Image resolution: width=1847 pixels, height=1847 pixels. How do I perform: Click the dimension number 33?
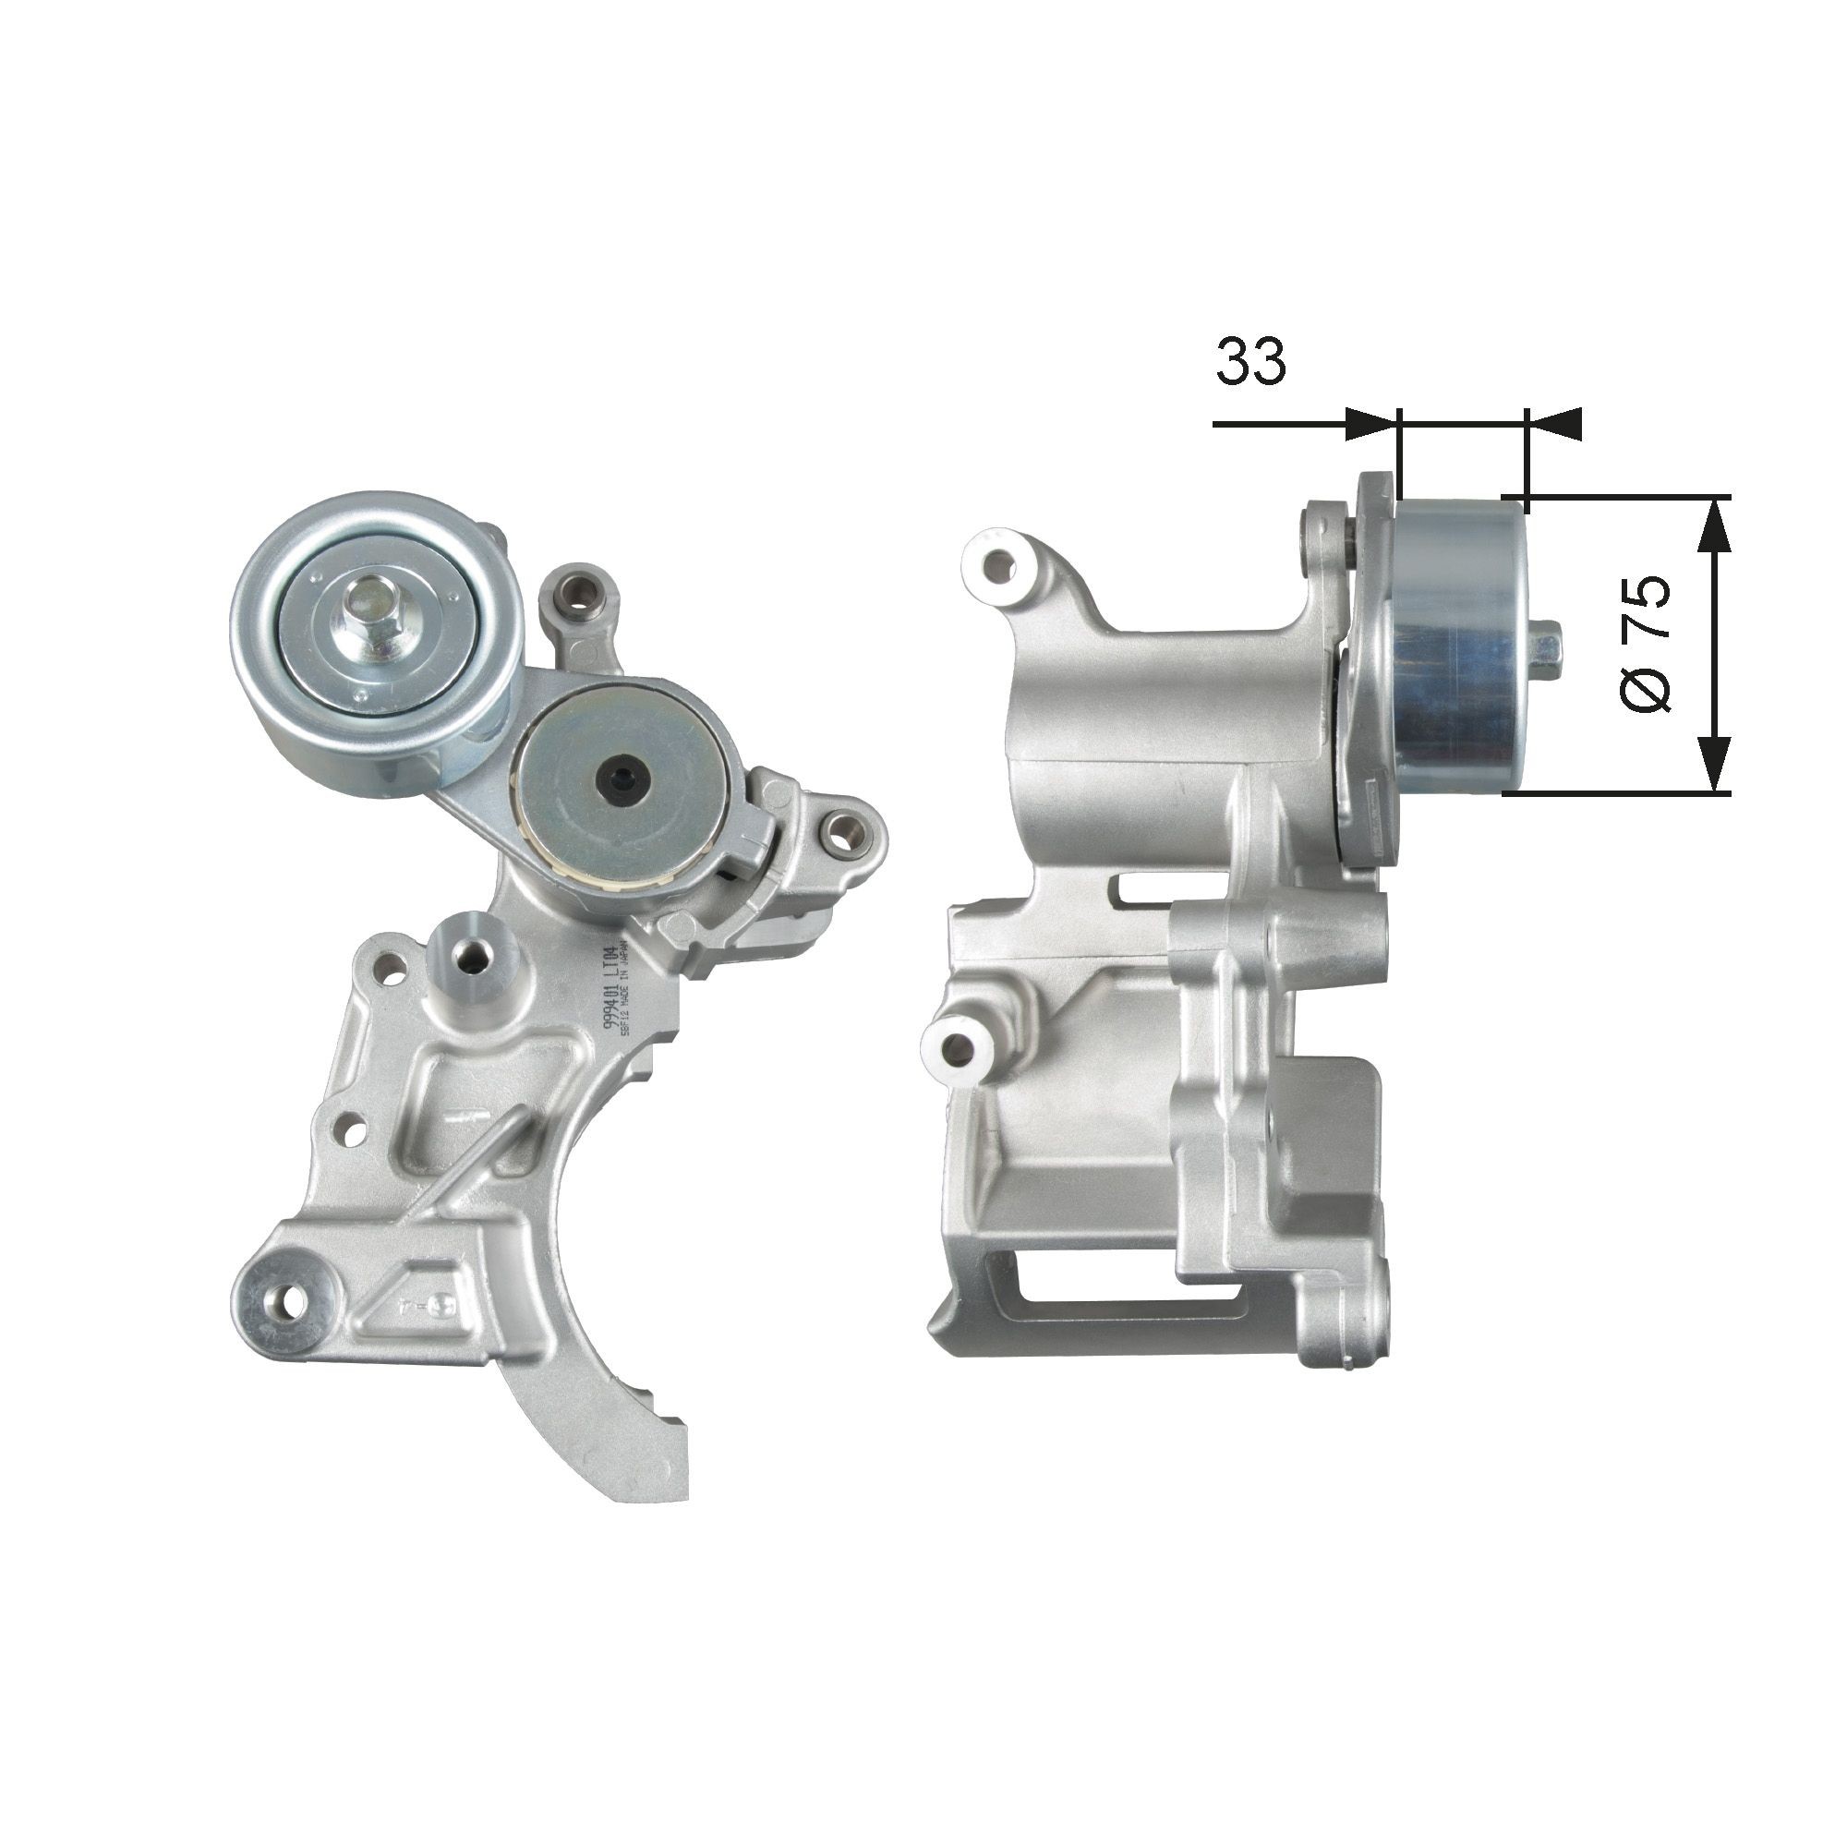tap(1250, 361)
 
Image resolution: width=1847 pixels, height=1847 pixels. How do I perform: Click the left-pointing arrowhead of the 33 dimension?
tap(1554, 424)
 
